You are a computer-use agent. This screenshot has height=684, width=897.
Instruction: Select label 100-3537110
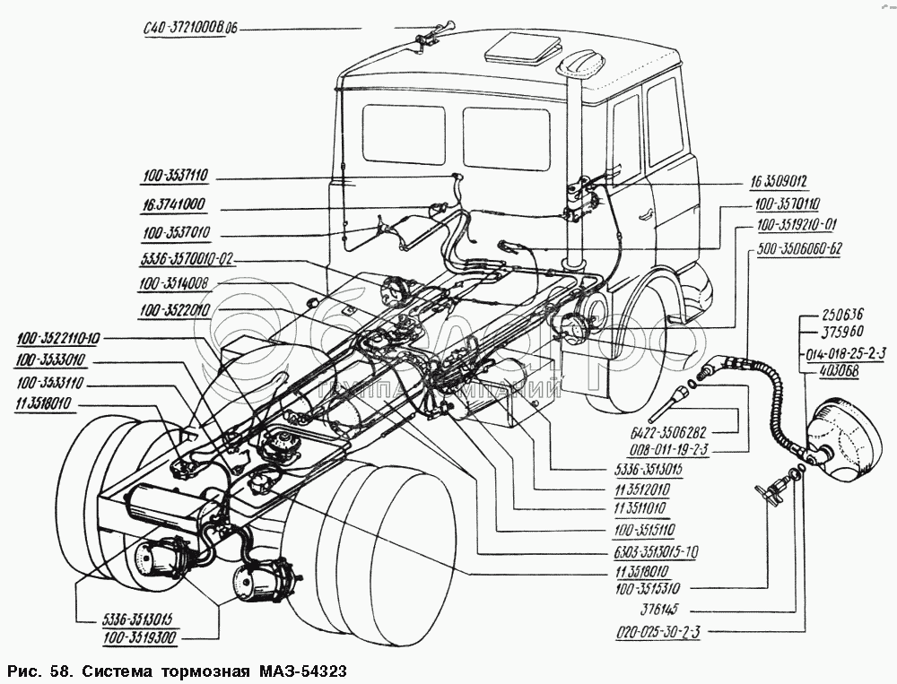coord(175,176)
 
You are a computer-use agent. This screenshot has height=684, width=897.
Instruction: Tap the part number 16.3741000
coord(173,204)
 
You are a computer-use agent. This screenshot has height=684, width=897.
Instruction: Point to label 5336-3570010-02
coord(187,261)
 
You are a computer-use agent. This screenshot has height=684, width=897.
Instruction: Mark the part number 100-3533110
coord(50,383)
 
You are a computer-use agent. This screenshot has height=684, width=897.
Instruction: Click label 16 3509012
coord(779,182)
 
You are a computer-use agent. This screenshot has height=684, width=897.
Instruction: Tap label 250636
coord(843,314)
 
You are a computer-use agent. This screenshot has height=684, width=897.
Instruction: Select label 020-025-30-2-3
coord(659,633)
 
